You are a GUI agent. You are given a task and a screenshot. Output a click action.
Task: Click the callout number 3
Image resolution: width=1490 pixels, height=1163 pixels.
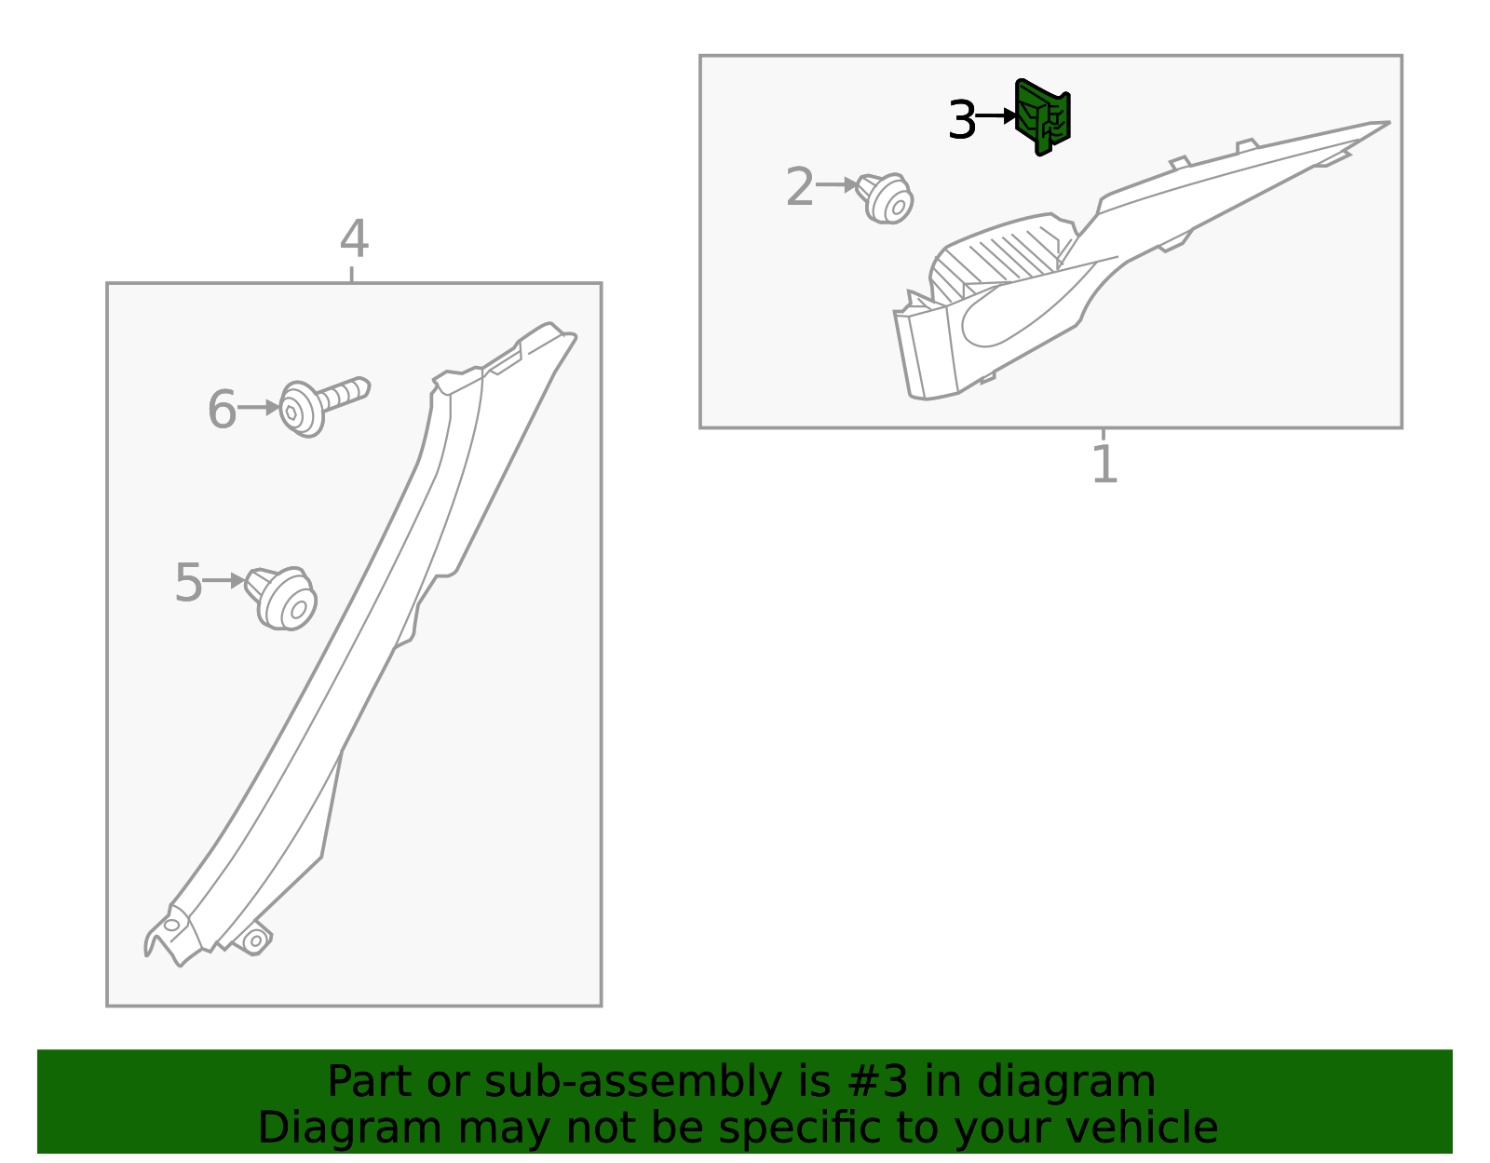961,121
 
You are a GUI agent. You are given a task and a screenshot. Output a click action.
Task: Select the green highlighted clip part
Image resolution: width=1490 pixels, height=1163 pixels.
1043,117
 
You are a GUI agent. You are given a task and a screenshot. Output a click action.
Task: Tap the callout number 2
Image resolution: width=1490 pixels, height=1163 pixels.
799,187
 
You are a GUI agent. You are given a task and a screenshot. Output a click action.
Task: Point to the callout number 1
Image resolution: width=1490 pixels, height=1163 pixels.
1104,465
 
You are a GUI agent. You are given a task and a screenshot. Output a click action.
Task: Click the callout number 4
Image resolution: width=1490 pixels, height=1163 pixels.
353,240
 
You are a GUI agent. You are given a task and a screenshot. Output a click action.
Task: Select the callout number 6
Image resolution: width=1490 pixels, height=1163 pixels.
221,411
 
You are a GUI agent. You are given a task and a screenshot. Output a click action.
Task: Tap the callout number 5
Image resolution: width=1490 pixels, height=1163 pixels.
188,584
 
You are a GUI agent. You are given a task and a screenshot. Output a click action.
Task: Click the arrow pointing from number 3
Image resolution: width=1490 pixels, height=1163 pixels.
996,116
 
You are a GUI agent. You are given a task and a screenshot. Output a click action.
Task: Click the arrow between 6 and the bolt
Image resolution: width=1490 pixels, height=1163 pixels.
258,408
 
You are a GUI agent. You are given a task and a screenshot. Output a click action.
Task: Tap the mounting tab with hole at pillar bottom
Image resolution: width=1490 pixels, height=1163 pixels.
253,940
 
